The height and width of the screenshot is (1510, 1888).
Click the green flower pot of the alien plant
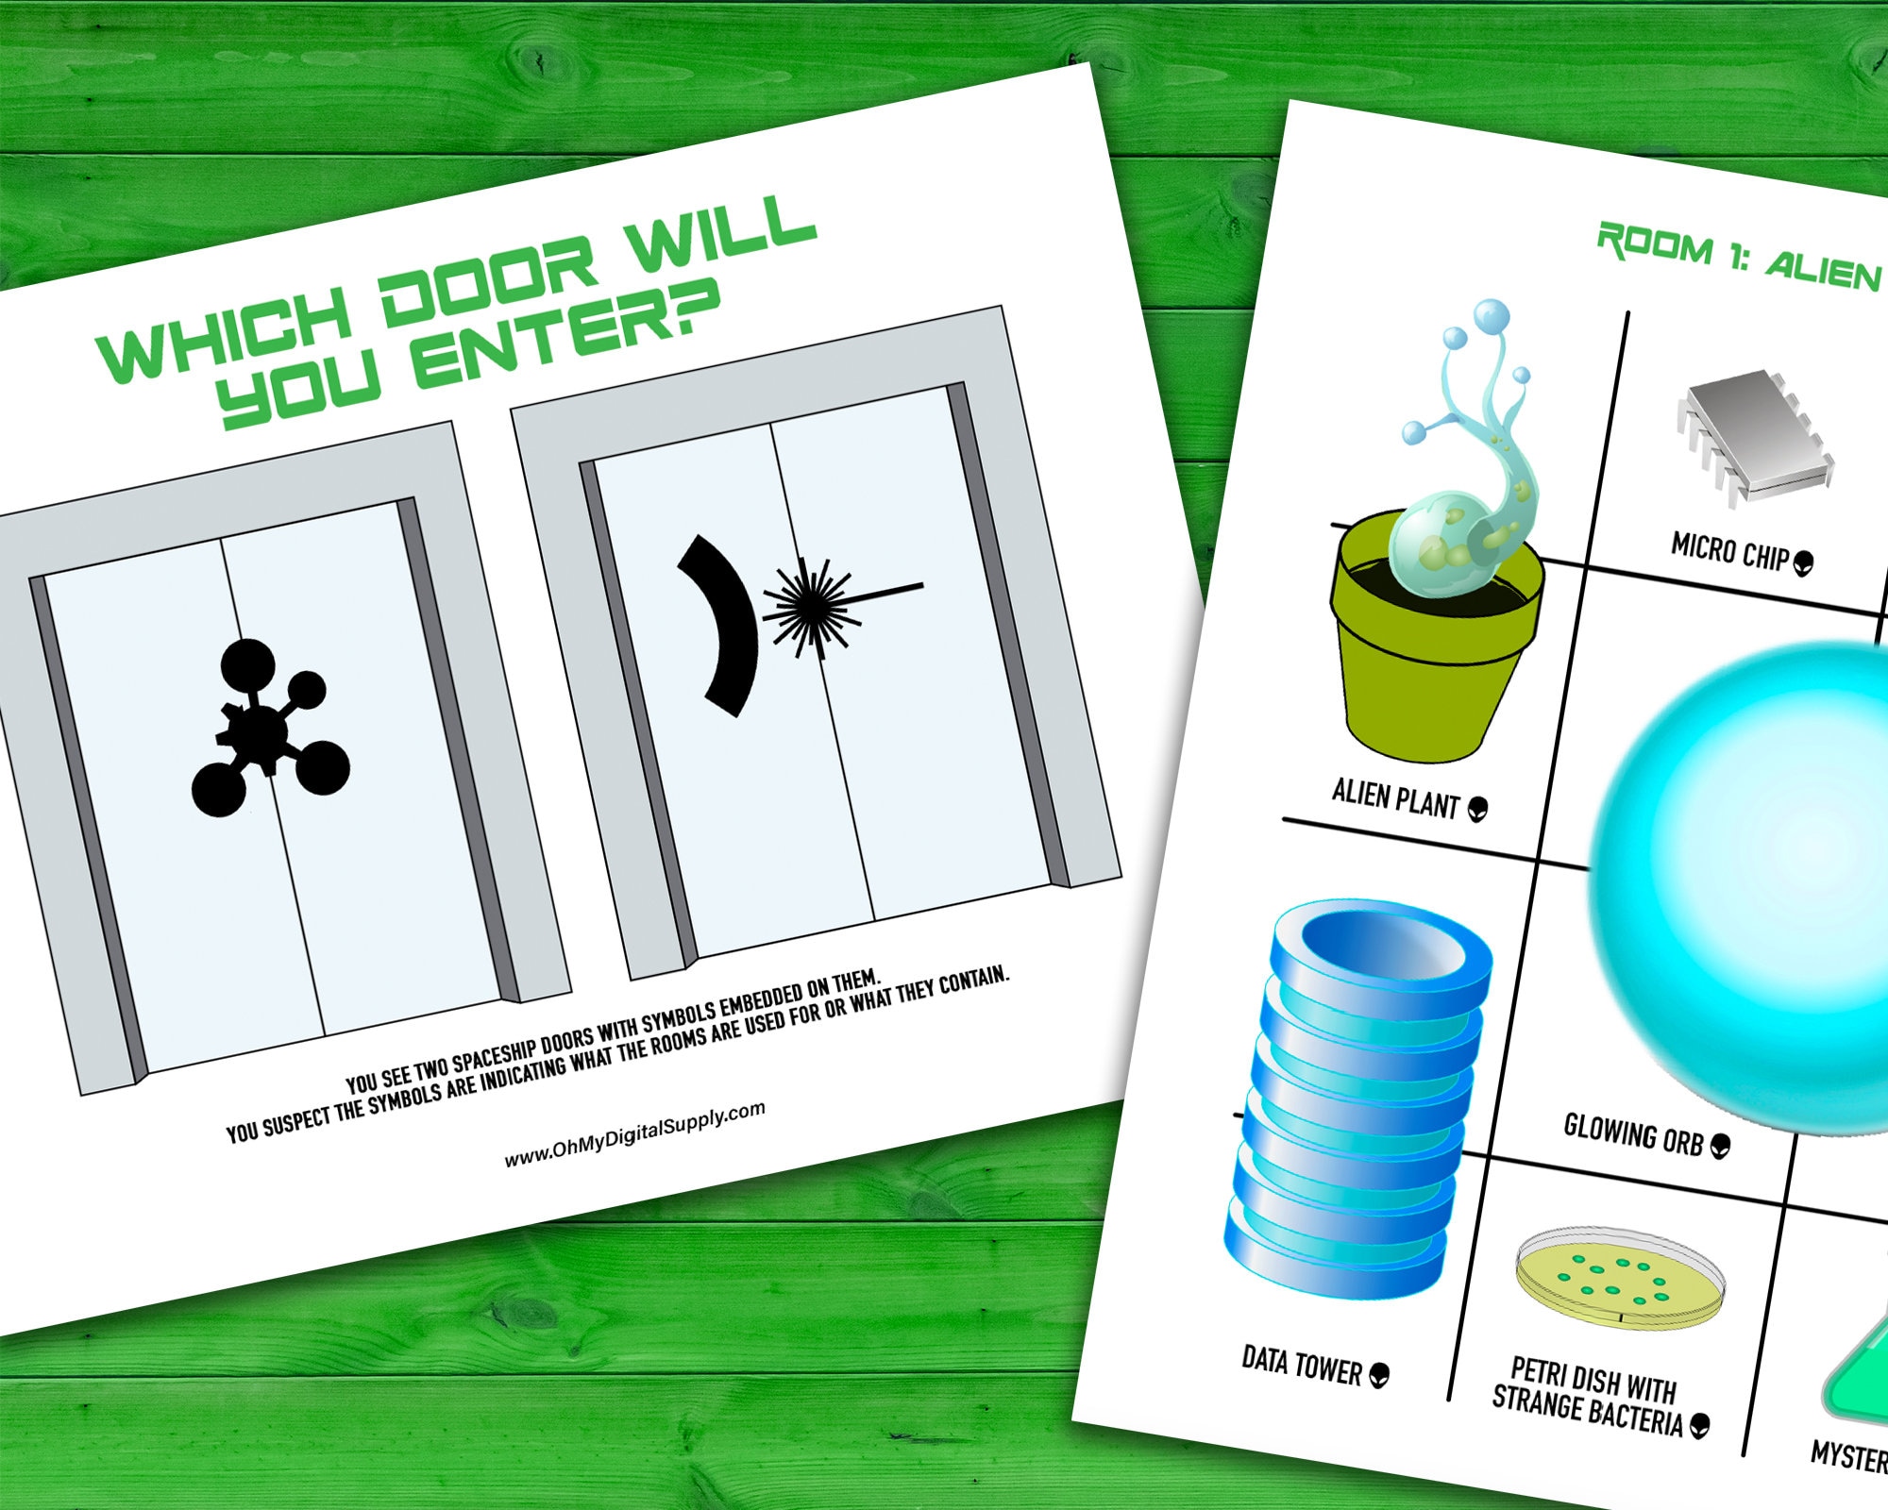pos(1430,661)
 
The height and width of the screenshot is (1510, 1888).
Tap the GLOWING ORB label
pos(1633,1133)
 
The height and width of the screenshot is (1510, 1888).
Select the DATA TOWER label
pos(1301,1365)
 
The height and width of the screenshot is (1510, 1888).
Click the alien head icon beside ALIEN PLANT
pos(1478,809)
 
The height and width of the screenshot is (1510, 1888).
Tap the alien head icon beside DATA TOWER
pos(1379,1375)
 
